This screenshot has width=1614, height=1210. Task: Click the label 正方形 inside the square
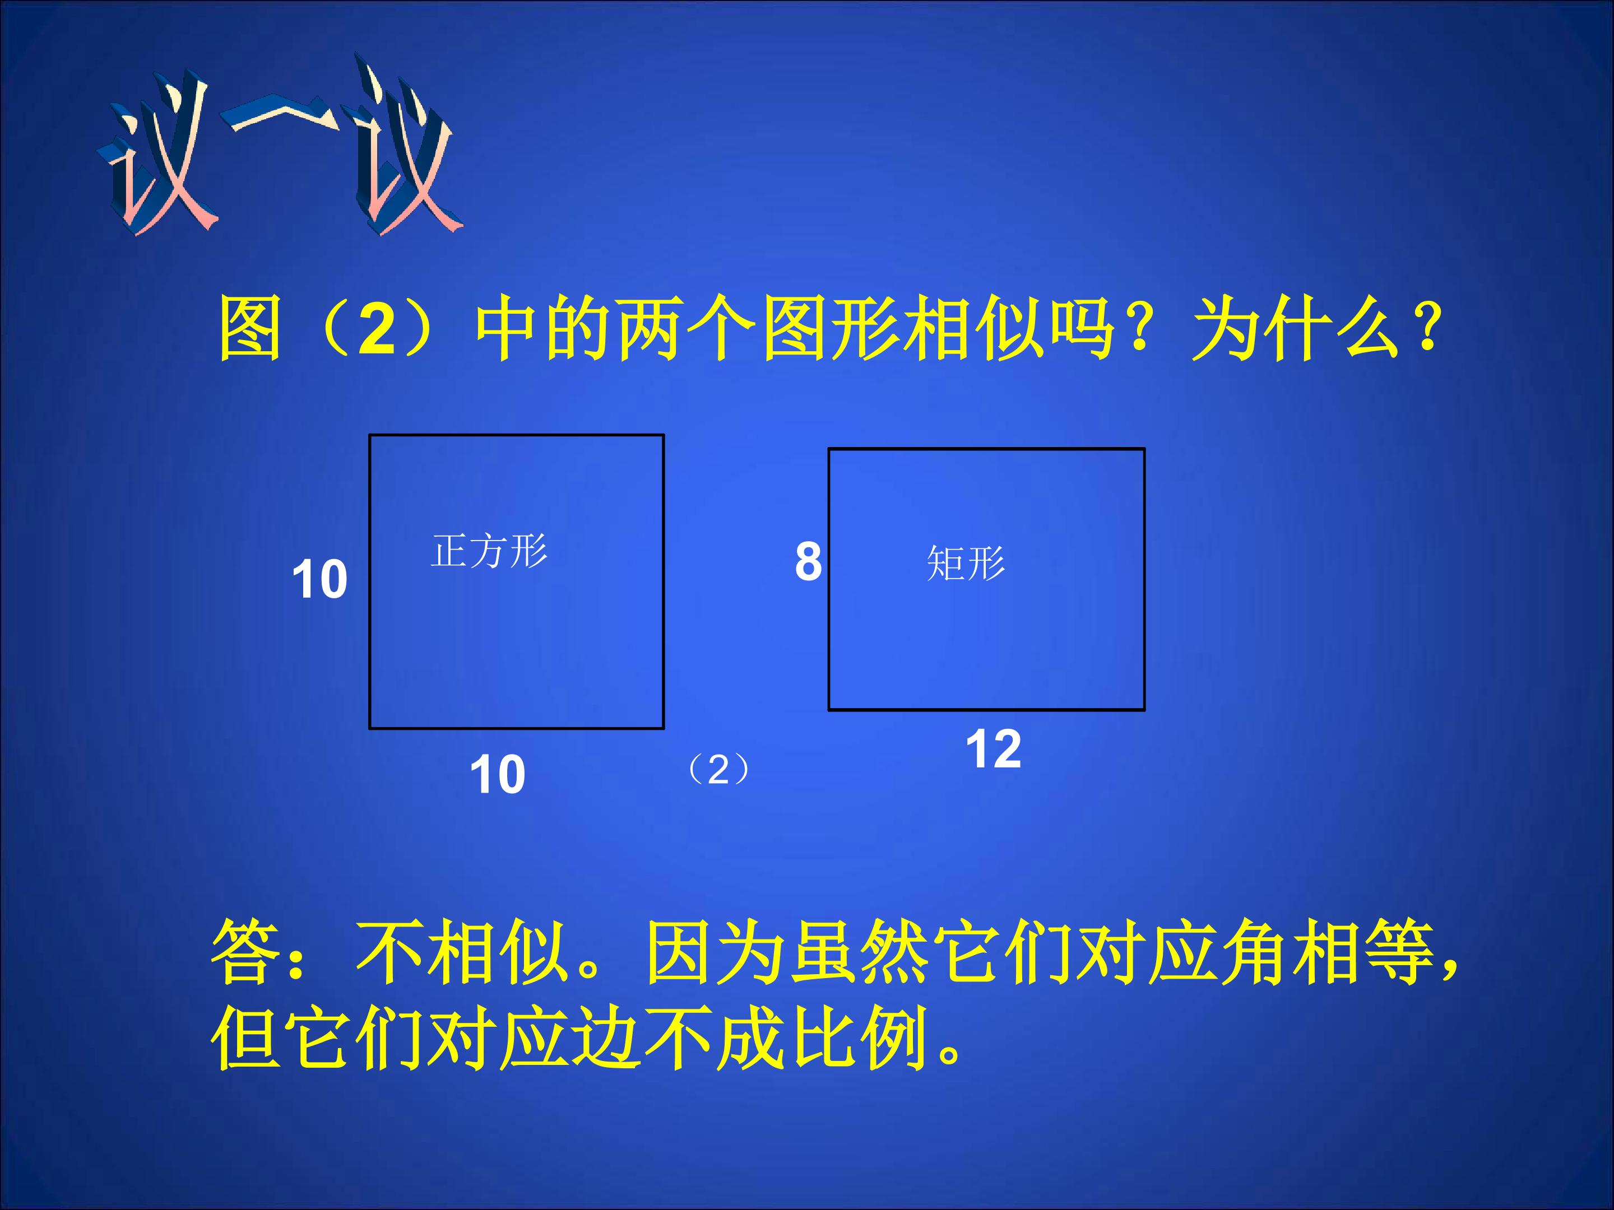[x=489, y=551]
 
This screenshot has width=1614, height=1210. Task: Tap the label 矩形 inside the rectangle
[x=966, y=563]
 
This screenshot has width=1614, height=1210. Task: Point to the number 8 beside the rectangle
[x=808, y=562]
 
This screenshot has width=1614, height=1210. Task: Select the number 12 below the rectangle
[x=993, y=749]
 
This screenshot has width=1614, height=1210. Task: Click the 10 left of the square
[x=319, y=580]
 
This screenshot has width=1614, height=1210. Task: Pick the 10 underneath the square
[x=497, y=775]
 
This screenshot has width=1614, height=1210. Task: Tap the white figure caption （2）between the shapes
[x=718, y=770]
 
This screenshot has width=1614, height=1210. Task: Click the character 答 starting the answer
[x=244, y=952]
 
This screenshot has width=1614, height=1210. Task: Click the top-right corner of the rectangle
[x=1143, y=449]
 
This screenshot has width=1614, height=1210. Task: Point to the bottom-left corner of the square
[x=370, y=727]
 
